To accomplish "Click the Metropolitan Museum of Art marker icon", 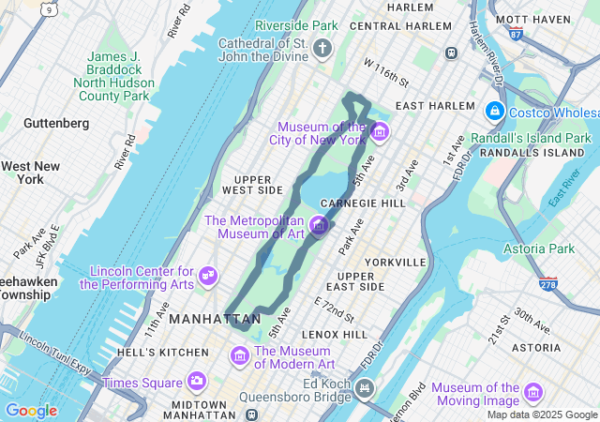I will [318, 225].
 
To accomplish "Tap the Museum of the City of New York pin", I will [379, 131].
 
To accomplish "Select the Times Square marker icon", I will [196, 381].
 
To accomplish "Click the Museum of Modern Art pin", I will [239, 356].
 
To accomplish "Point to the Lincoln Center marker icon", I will [208, 277].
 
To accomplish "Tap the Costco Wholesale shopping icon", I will [493, 112].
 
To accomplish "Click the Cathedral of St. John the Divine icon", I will [322, 48].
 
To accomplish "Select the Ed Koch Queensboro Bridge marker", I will [364, 387].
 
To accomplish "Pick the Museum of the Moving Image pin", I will [533, 392].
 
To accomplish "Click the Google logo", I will [31, 411].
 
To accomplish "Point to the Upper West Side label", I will [252, 184].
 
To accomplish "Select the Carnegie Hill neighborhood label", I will [363, 203].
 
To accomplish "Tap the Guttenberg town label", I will [56, 123].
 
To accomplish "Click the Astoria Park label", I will [539, 249].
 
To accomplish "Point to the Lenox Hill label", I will [335, 334].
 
